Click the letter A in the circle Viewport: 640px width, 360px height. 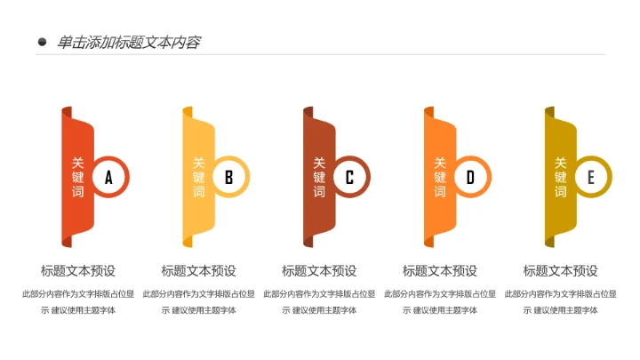point(108,177)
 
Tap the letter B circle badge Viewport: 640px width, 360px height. point(228,177)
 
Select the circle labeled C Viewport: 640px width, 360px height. point(349,177)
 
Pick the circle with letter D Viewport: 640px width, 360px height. point(470,177)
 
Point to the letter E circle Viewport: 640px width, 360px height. point(590,177)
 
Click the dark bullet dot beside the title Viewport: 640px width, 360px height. point(42,42)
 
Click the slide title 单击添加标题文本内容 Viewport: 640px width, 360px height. point(128,42)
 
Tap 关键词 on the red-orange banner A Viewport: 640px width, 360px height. point(77,177)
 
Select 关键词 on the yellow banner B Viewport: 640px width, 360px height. point(198,177)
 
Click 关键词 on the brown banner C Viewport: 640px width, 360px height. point(319,177)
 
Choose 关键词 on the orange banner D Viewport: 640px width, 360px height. point(439,177)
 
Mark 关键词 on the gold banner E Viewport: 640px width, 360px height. point(560,177)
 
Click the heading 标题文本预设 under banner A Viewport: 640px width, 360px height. point(78,271)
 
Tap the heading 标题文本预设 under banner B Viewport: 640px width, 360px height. point(198,271)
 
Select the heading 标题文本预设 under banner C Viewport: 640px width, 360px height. point(319,271)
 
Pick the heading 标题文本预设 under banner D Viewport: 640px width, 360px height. point(440,271)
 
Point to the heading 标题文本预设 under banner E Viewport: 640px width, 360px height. point(560,271)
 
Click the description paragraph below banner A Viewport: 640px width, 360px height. point(78,301)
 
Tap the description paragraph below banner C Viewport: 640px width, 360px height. point(319,301)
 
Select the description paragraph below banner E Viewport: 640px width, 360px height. point(560,301)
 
